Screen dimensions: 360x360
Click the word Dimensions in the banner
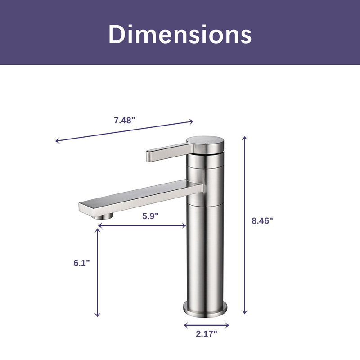[180, 34]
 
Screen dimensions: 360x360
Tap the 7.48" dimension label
[125, 120]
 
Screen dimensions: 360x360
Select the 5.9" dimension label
[150, 216]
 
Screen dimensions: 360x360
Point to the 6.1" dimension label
[82, 263]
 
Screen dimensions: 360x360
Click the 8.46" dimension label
[262, 220]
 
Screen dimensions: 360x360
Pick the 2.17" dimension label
[207, 334]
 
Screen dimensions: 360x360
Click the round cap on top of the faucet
[205, 144]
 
